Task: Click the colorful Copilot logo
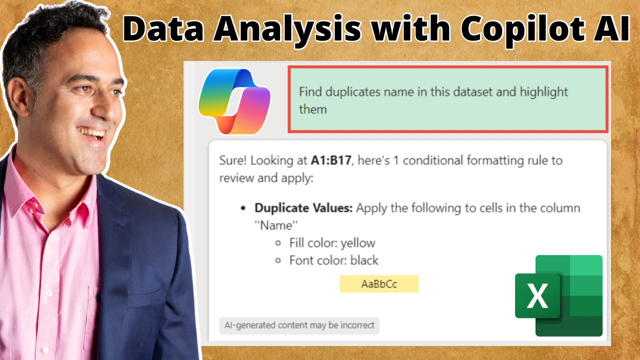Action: (x=234, y=101)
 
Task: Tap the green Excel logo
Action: (x=559, y=295)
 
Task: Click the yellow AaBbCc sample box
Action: (x=379, y=283)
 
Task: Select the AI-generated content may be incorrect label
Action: (x=299, y=325)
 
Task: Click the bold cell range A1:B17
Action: (x=331, y=160)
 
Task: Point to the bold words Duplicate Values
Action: (x=303, y=208)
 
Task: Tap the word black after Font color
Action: (x=364, y=260)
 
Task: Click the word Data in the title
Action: (x=163, y=28)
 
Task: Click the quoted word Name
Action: (x=276, y=225)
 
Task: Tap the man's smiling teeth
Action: (x=91, y=132)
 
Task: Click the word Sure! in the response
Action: (x=232, y=160)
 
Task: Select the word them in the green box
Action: (x=313, y=109)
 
